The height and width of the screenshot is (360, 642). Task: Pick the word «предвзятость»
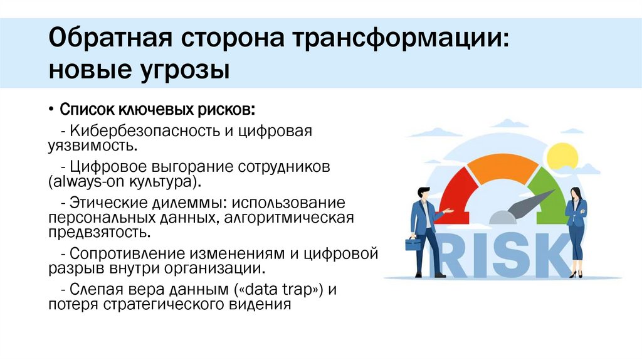pyautogui.click(x=98, y=233)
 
